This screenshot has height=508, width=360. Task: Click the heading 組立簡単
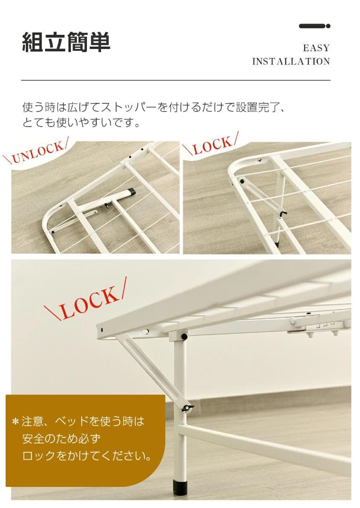66,42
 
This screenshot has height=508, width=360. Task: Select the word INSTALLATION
291,62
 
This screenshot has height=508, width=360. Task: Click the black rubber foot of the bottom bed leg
180,487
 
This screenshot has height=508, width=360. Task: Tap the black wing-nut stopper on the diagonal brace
188,407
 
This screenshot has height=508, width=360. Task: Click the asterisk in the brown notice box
16,421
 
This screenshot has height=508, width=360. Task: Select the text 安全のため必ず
61,439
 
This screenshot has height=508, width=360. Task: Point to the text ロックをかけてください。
87,456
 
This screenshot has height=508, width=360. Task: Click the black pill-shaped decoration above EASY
314,26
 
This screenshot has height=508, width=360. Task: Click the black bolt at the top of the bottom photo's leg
184,337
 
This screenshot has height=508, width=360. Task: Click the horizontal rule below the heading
175,80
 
